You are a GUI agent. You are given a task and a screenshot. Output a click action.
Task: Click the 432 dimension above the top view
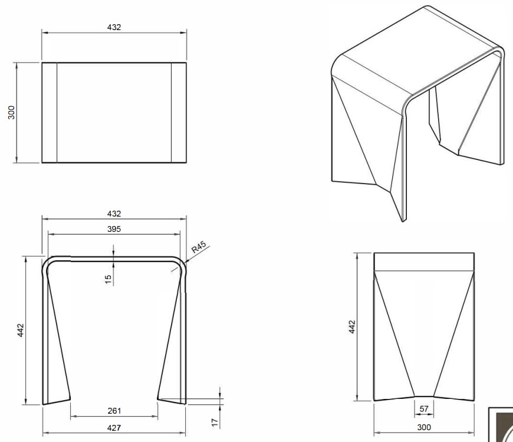point(114,27)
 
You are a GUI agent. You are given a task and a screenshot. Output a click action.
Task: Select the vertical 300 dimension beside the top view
point(11,112)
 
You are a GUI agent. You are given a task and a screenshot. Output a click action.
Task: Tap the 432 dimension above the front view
point(114,214)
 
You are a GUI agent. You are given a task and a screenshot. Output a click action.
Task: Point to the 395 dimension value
point(114,229)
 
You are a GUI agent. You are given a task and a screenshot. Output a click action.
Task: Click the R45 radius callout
point(199,247)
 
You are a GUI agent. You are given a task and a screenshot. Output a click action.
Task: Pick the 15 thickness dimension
point(108,279)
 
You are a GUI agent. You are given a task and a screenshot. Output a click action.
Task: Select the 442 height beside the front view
point(21,330)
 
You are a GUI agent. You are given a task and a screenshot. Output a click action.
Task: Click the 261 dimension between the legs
point(114,411)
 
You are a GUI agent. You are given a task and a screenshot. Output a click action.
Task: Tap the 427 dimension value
point(114,428)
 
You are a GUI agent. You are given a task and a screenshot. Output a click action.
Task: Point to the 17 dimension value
point(215,423)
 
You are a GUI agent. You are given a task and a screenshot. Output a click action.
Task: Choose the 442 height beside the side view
point(352,327)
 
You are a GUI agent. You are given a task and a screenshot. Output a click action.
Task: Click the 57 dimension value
point(424,409)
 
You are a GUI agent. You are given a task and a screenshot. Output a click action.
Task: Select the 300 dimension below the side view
point(424,427)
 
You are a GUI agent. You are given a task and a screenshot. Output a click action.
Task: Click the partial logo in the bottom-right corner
point(501,425)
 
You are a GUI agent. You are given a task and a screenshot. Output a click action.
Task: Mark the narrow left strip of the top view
point(50,112)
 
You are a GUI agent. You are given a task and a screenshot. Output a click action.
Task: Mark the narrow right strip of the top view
point(179,112)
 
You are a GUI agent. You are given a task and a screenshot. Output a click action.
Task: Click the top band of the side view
point(424,261)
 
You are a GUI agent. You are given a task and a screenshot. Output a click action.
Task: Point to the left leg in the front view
point(55,337)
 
